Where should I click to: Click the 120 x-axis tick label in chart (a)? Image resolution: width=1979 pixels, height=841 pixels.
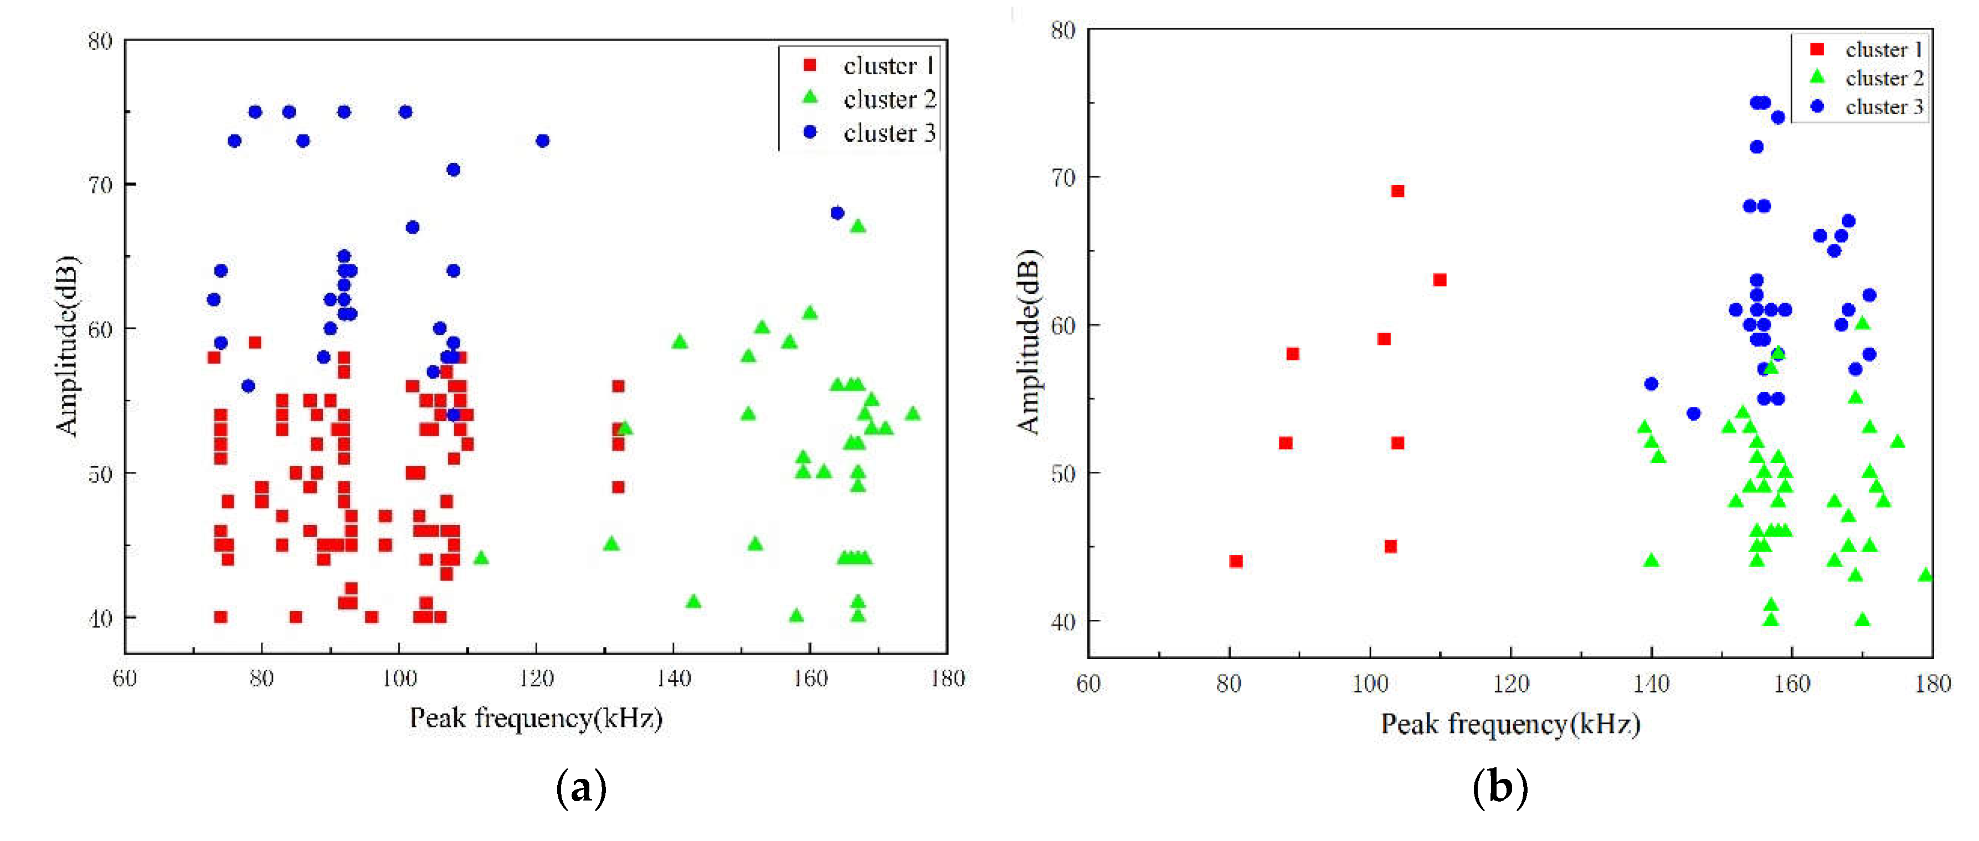(x=536, y=679)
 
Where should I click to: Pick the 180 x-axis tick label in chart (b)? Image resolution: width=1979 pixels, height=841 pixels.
(x=1932, y=684)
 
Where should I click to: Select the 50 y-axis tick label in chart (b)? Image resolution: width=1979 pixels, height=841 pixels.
(x=1063, y=473)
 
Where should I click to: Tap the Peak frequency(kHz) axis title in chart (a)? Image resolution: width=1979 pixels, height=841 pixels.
(x=536, y=718)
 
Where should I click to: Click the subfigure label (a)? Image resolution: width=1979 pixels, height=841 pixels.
(x=581, y=788)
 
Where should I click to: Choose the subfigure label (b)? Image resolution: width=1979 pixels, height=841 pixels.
(x=1499, y=788)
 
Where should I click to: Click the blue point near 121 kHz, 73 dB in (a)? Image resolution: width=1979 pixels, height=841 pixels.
(x=542, y=141)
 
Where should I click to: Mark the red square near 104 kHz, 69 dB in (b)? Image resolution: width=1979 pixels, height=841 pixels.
(x=1397, y=191)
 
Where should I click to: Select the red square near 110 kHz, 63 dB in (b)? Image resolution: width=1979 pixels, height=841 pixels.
(x=1440, y=280)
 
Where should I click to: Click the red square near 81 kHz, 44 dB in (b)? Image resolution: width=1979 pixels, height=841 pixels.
(x=1235, y=561)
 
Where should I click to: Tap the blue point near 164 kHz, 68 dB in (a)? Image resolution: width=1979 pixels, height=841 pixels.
(x=837, y=213)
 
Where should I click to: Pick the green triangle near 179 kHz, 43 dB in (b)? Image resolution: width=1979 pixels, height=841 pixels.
(x=1925, y=575)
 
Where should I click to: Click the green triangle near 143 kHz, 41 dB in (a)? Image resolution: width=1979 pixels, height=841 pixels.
(x=693, y=601)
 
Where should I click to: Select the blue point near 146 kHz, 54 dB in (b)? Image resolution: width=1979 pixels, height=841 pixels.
(x=1693, y=414)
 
